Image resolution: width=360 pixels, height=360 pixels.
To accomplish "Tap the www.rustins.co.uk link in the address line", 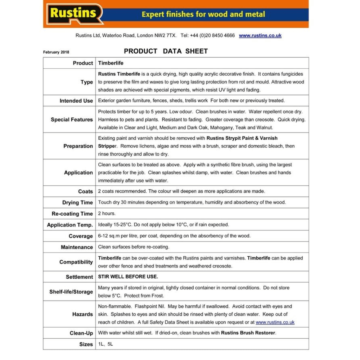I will pos(260,36).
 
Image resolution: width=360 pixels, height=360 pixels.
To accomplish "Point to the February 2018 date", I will pos(56,52).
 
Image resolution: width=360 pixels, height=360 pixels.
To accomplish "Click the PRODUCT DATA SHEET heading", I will pos(166,51).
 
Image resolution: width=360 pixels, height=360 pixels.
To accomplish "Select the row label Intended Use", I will pos(76,101).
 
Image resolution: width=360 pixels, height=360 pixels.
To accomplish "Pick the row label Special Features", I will pos(72,120).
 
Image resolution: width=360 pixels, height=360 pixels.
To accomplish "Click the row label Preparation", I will pos(78,146).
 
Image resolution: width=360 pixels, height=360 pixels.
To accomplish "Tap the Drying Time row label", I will pos(77,203).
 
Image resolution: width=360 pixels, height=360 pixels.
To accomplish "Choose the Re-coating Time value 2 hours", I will pos(107,213).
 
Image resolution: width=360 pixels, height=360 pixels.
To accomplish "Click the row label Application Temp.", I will pos(70,225).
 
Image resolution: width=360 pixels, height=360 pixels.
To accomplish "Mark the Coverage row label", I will pos(81,236).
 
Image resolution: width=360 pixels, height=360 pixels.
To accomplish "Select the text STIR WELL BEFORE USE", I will pos(128,277).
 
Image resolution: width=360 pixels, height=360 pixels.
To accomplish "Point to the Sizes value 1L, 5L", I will pos(105,344).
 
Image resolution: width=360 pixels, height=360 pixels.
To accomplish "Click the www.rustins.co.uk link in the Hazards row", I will pos(275,323).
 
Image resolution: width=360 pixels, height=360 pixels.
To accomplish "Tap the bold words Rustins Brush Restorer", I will pos(248,333).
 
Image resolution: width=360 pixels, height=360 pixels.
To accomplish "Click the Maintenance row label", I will pos(77,247).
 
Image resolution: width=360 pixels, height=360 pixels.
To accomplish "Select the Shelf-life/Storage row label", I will pos(71,292).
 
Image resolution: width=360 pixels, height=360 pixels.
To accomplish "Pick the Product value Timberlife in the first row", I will pos(111,63).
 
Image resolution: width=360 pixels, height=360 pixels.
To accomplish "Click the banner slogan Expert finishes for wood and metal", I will pos(203,15).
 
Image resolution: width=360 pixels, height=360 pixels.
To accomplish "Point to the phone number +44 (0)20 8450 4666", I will pos(212,36).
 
